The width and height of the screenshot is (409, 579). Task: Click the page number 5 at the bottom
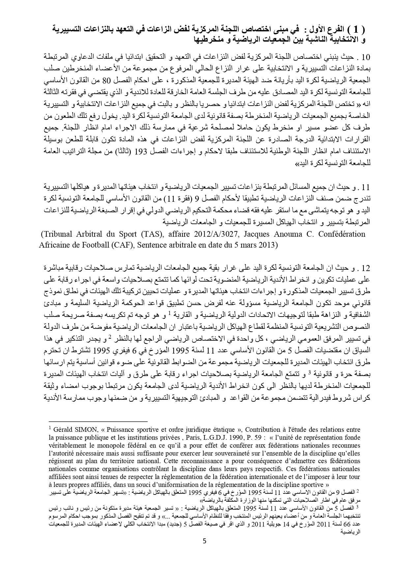pos(204,550)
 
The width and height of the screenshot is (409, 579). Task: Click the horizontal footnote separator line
pos(98,421)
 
